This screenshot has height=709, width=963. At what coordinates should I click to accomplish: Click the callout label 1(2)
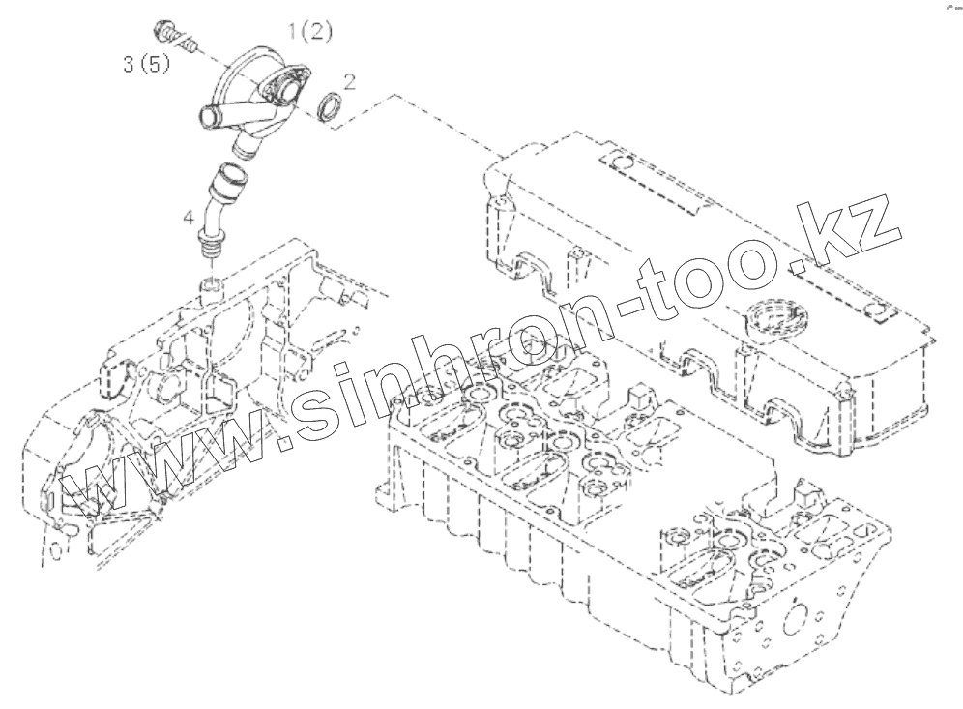311,32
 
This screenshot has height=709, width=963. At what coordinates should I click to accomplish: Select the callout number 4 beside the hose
190,218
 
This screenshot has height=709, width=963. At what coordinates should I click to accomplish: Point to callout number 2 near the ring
349,82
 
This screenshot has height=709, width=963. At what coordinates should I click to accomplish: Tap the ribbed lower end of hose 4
206,251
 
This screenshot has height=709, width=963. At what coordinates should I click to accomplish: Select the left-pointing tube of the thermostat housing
209,119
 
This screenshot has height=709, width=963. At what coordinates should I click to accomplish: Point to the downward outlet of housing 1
248,146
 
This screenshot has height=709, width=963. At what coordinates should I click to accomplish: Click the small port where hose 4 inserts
210,287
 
